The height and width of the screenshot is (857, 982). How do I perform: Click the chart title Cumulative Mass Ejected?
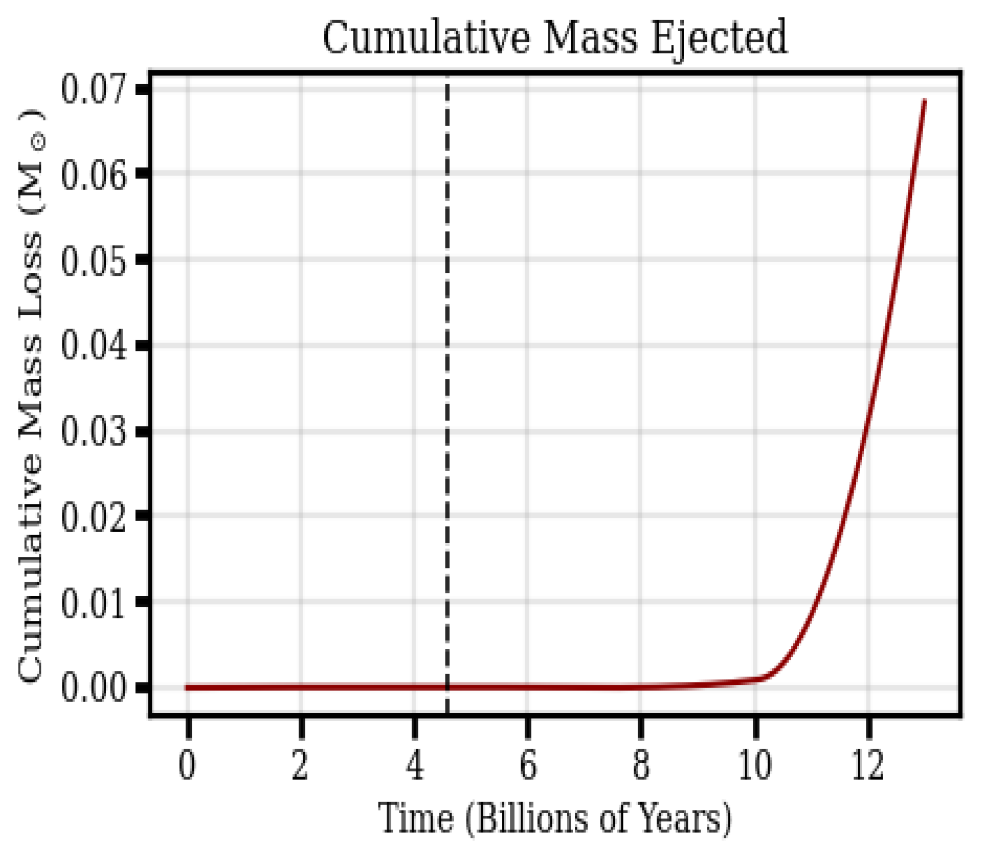point(555,38)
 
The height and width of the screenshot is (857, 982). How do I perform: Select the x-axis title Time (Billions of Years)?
point(555,818)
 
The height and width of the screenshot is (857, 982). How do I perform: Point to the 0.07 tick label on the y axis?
point(94,89)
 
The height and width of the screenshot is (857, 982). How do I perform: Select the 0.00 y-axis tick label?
point(94,688)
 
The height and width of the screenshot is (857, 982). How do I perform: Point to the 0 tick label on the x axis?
point(188,766)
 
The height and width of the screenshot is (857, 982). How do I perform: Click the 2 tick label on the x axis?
point(301,766)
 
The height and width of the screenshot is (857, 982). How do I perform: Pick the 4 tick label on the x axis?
point(415,766)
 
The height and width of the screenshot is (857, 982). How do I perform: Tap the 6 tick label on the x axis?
point(528,766)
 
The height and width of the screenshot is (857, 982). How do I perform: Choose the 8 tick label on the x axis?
point(641,766)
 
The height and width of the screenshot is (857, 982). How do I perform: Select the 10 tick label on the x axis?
point(755,766)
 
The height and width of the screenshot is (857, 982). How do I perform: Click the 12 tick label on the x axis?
point(868,766)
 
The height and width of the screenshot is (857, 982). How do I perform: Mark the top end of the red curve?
point(924,100)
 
